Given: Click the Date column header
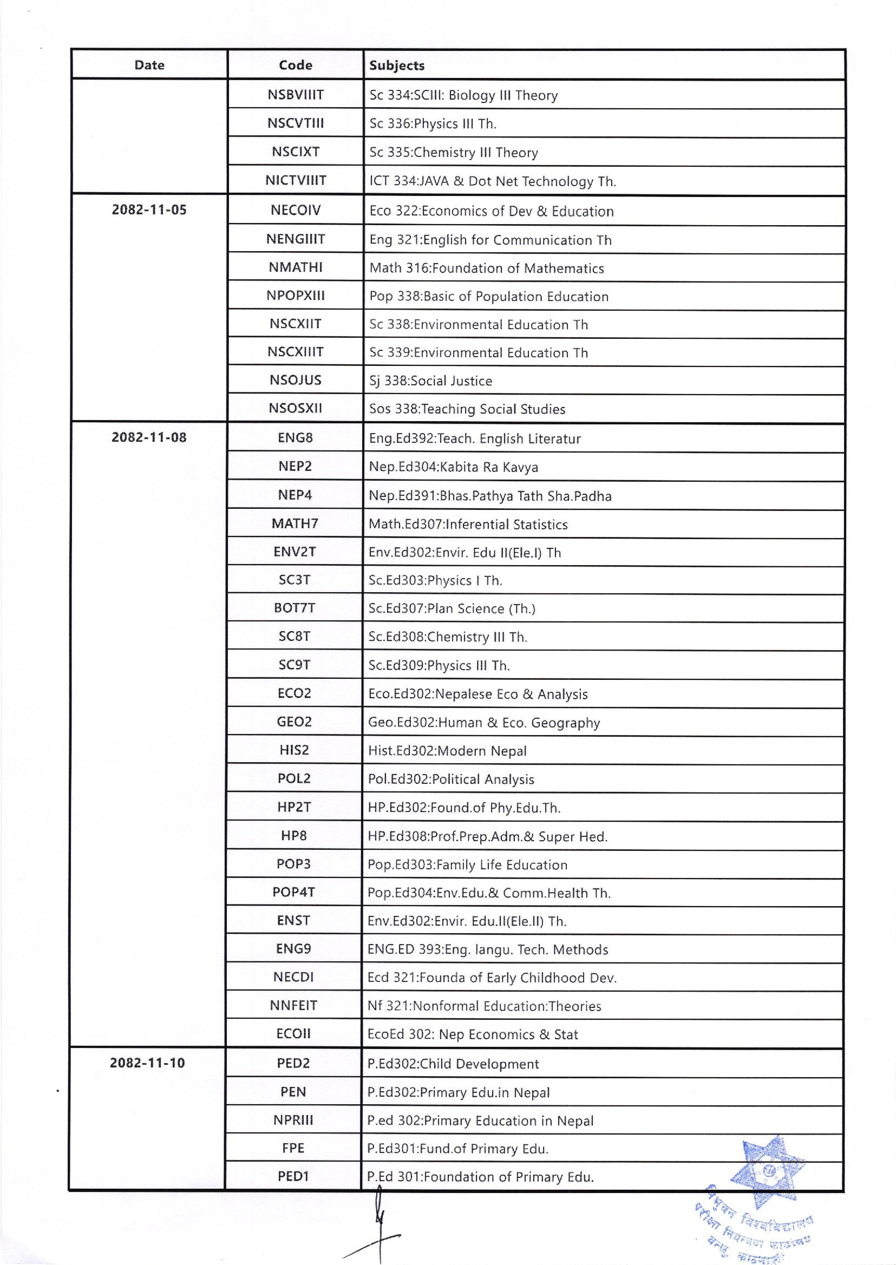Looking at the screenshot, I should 149,65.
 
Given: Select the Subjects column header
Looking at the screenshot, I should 397,65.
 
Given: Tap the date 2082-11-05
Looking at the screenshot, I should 149,209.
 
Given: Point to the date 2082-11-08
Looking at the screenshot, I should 149,437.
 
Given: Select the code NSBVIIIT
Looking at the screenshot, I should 295,95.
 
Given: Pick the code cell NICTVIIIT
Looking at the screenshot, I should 295,180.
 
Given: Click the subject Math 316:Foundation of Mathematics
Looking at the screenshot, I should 487,268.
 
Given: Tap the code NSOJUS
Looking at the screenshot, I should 295,380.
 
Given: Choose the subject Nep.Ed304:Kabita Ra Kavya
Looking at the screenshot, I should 453,467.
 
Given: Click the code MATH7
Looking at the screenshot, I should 295,523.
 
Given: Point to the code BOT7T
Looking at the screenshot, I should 295,608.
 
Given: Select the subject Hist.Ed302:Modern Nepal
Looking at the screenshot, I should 447,751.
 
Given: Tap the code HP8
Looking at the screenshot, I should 293,836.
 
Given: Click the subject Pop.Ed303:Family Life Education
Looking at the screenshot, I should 467,864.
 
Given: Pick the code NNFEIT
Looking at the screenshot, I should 293,1006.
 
